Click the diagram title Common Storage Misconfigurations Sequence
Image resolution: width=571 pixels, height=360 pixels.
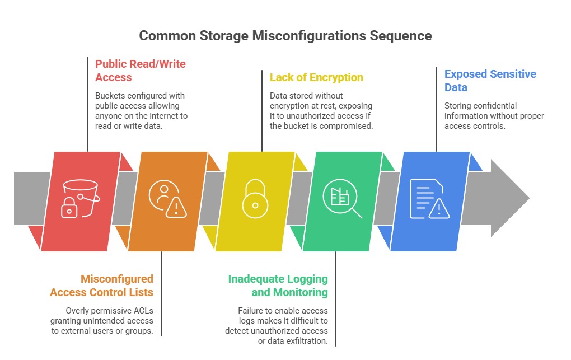point(285,36)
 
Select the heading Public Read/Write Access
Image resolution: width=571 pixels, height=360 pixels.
point(140,71)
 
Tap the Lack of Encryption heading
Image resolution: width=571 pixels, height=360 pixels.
point(316,77)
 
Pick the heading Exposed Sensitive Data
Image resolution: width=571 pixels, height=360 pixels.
point(490,81)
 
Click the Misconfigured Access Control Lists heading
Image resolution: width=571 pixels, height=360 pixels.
point(101,286)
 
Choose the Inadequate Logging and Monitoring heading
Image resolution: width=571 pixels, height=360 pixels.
point(278,286)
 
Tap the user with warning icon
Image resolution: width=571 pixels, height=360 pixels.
point(167,199)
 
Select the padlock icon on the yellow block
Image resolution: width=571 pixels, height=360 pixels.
point(255,199)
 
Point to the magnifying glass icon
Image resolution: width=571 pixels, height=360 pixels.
point(342,199)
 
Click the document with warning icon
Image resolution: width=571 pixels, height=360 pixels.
point(430,199)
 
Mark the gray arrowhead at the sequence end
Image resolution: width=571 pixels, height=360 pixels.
point(510,198)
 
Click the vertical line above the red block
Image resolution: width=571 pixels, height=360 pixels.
point(87,104)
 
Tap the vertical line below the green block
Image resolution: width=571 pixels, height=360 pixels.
point(336,298)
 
